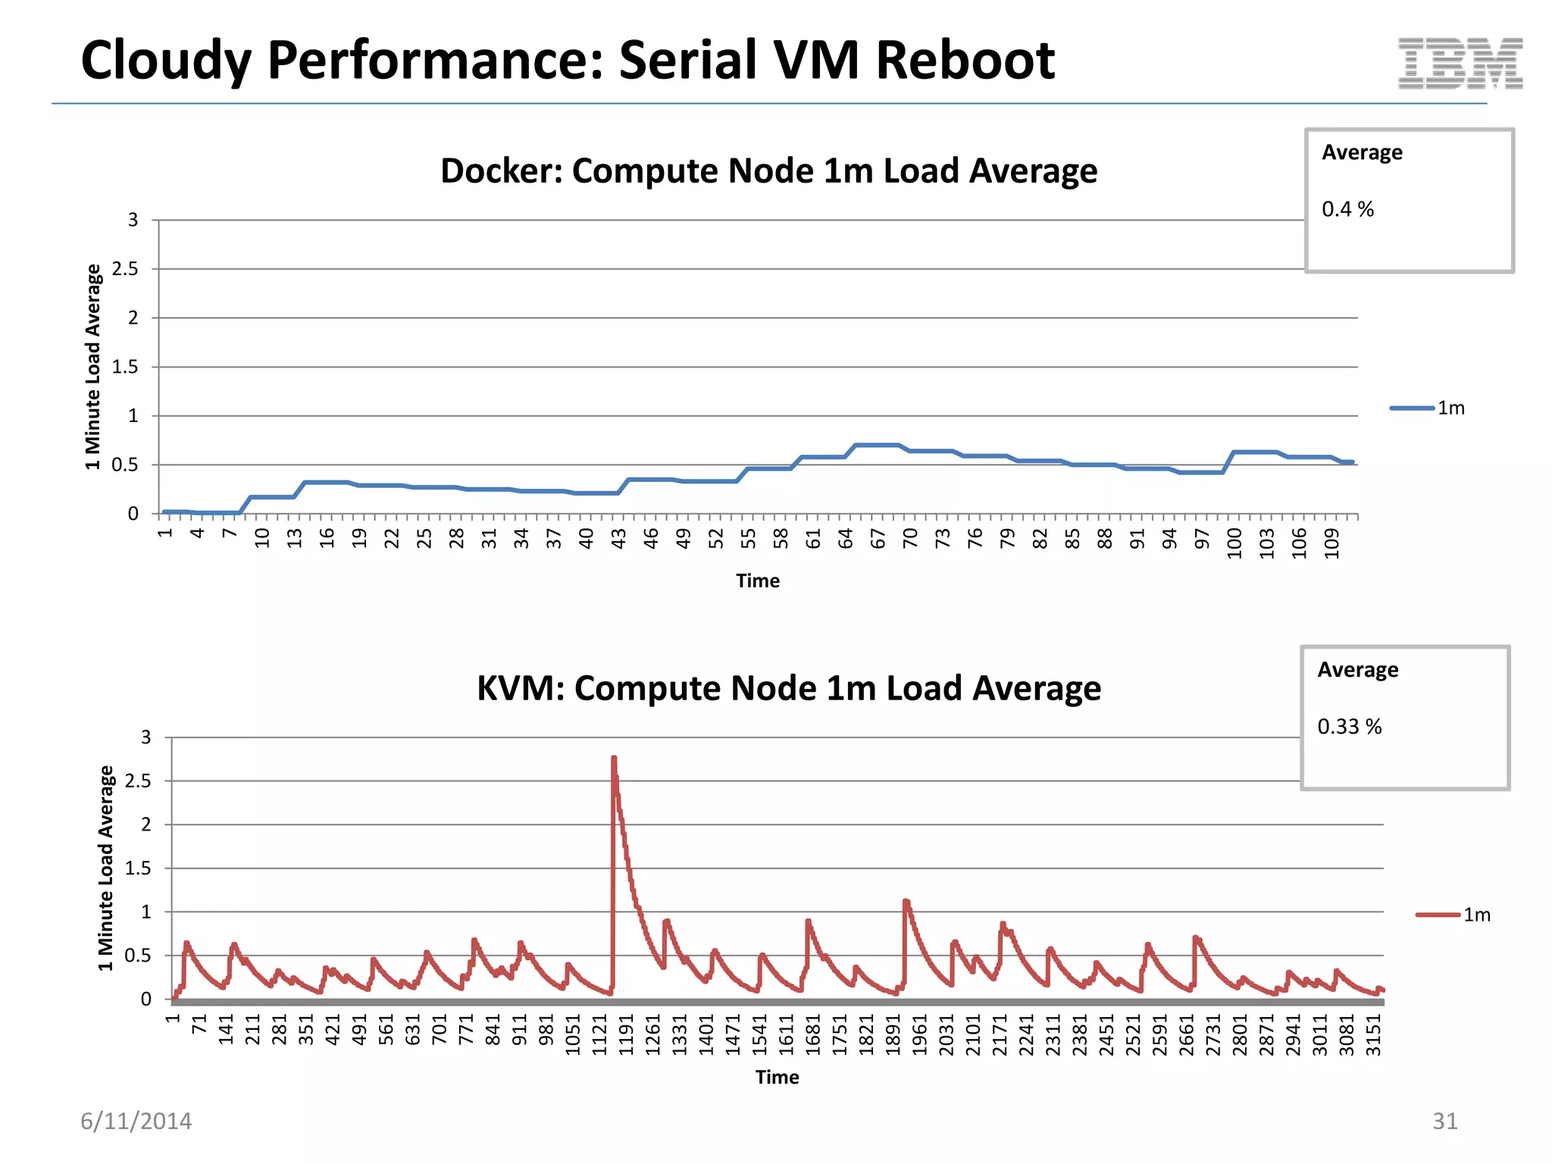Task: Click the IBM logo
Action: pyautogui.click(x=1460, y=64)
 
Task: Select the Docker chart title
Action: pyautogui.click(x=768, y=171)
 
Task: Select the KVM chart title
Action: pyautogui.click(x=788, y=688)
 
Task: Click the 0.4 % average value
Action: pyautogui.click(x=1347, y=209)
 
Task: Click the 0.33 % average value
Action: pyautogui.click(x=1349, y=727)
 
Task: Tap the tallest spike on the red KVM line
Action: pyautogui.click(x=614, y=758)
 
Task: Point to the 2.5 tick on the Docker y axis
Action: pyautogui.click(x=126, y=269)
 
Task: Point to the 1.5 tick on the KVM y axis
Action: pyautogui.click(x=138, y=868)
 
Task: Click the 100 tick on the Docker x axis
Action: pyautogui.click(x=1234, y=543)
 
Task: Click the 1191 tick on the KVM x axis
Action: pyautogui.click(x=626, y=1035)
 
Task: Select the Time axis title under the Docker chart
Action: pyautogui.click(x=757, y=581)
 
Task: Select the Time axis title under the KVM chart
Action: pyautogui.click(x=777, y=1078)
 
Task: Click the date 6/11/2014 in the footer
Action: pyautogui.click(x=136, y=1121)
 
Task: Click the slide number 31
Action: pyautogui.click(x=1444, y=1121)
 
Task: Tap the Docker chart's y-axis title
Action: pyautogui.click(x=93, y=367)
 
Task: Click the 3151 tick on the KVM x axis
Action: pyautogui.click(x=1373, y=1035)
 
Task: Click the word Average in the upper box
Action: pyautogui.click(x=1362, y=152)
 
